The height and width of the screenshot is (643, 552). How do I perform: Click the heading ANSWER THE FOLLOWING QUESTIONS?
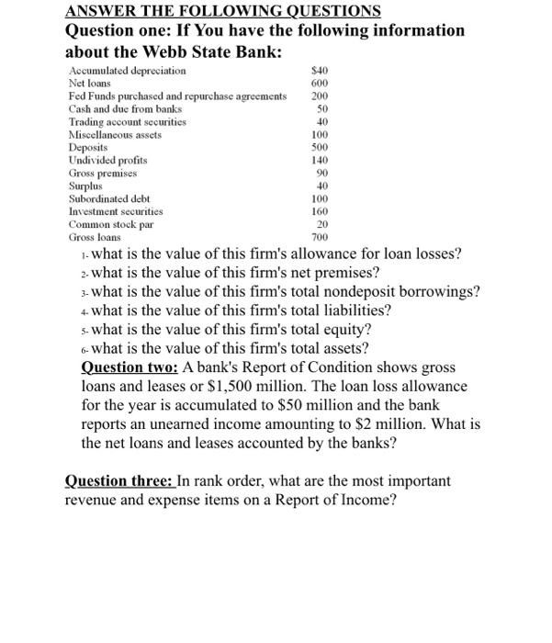[x=223, y=10]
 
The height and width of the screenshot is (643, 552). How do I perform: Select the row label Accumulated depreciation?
[x=127, y=71]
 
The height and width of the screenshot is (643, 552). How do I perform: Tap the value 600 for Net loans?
[x=320, y=84]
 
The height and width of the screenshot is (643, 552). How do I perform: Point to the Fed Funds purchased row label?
[x=177, y=96]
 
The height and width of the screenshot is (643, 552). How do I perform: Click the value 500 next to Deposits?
[x=320, y=147]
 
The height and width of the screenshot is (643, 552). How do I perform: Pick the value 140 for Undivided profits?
[x=320, y=160]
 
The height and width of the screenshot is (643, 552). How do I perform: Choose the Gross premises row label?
[x=103, y=173]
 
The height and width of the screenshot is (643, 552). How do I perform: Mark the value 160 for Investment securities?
[x=320, y=211]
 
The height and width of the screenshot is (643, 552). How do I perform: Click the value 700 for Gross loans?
[x=320, y=237]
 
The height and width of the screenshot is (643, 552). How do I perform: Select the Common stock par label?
[x=110, y=224]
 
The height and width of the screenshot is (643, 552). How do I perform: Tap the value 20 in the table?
[x=322, y=224]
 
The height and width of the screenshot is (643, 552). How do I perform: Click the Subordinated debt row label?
[x=109, y=198]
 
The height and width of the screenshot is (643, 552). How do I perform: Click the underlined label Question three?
[x=119, y=480]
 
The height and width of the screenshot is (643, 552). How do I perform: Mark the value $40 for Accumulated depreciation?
[x=320, y=71]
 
